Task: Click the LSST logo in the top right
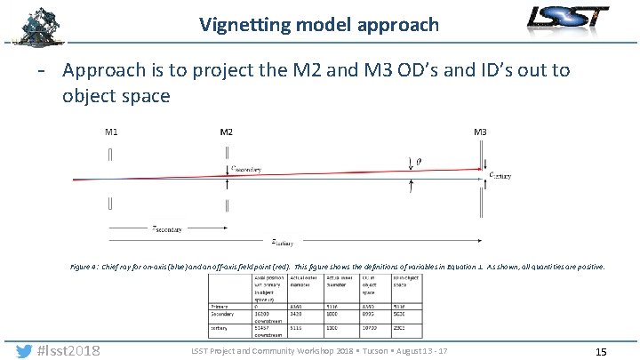click(569, 18)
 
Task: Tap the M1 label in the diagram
click(111, 132)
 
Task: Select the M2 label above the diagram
click(227, 132)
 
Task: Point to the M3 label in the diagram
click(480, 132)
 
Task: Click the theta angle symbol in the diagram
click(420, 161)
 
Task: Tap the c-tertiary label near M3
click(500, 175)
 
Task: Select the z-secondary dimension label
click(166, 228)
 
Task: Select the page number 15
click(601, 352)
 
